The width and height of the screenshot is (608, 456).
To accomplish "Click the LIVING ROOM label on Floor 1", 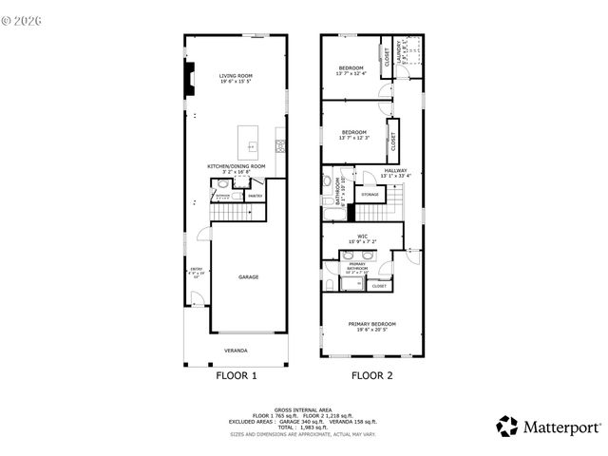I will [x=236, y=76].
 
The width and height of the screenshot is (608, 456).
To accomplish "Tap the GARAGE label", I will [x=249, y=276].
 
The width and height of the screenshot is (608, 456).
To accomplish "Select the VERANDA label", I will [x=236, y=351].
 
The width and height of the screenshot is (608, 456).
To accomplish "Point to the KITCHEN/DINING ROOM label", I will [x=237, y=166].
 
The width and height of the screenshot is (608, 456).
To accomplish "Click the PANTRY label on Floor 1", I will [x=255, y=196].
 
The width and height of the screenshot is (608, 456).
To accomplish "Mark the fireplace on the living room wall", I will [x=189, y=80].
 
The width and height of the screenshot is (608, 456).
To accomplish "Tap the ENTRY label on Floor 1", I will [x=197, y=269].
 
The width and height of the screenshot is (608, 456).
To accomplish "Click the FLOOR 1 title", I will [x=236, y=375].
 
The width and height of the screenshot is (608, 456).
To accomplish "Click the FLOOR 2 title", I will [x=371, y=375].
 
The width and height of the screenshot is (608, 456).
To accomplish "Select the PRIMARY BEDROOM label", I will [x=376, y=324].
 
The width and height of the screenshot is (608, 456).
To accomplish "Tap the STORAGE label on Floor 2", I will [x=370, y=195].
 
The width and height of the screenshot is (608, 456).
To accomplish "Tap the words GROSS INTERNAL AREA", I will [x=303, y=408].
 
